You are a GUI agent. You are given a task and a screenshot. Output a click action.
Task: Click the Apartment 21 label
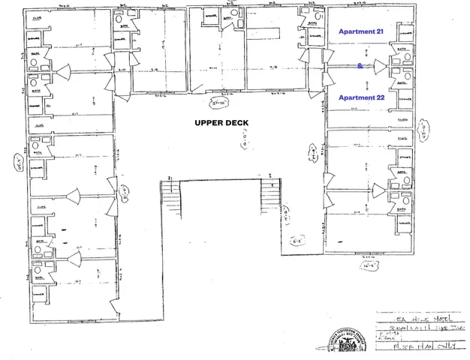361,32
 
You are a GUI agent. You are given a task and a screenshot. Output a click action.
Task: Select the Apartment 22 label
361,97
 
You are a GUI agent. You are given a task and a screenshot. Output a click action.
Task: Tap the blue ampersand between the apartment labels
360,66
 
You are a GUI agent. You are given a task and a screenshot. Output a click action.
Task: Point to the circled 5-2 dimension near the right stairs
297,241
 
